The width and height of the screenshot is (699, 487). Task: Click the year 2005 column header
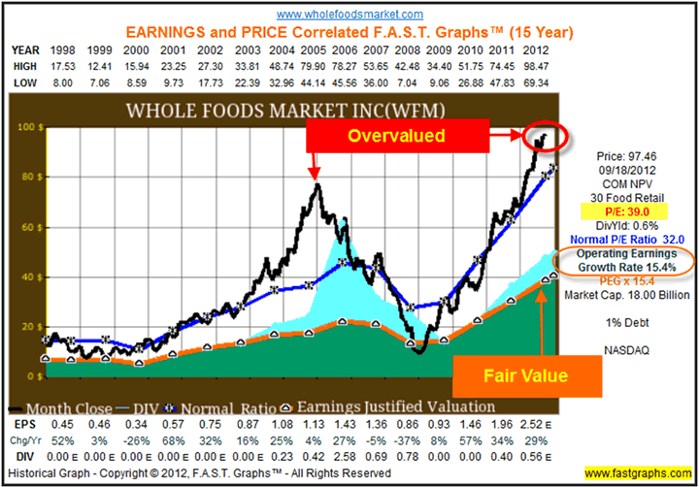(x=313, y=47)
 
